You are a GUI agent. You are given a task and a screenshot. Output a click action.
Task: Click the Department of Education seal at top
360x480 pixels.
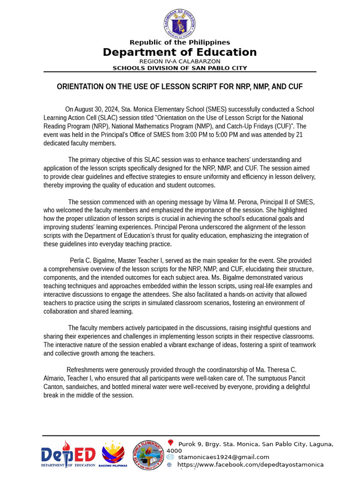(x=180, y=24)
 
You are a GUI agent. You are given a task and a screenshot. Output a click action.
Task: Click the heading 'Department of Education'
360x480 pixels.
(x=180, y=52)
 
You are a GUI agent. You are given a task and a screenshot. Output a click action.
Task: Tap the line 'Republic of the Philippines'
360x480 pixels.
(x=180, y=43)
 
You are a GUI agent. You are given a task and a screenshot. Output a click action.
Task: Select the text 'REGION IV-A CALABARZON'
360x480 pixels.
(x=180, y=61)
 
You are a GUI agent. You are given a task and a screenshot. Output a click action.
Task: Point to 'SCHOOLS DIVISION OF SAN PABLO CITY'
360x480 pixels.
(x=180, y=68)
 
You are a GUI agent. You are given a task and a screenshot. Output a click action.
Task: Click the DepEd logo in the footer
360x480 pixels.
(x=68, y=455)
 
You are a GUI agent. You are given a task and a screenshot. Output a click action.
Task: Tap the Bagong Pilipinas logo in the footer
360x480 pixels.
(x=113, y=454)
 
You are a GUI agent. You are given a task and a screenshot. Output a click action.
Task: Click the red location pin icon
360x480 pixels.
(x=171, y=443)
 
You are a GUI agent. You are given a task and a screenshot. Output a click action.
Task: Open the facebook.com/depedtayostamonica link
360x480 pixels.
(x=250, y=465)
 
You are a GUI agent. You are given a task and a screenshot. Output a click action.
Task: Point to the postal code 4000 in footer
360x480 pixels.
(x=174, y=450)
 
